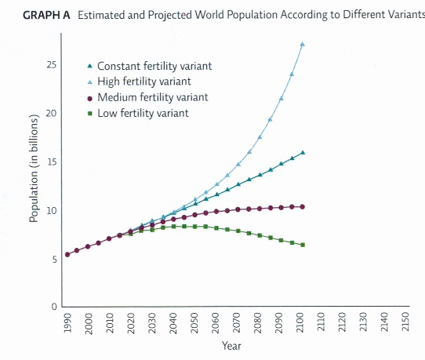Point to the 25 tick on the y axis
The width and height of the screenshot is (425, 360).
(53, 65)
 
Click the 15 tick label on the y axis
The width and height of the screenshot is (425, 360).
(53, 162)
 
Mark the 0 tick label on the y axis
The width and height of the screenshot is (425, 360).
(55, 307)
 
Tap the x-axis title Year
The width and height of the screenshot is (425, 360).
(231, 345)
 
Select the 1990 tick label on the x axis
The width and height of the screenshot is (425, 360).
(67, 322)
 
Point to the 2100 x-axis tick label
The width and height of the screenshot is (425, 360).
(301, 322)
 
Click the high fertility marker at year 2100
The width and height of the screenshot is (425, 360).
(302, 45)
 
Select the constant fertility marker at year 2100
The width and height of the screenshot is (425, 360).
(302, 152)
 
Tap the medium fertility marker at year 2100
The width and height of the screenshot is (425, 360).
(302, 207)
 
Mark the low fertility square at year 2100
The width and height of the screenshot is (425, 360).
(302, 245)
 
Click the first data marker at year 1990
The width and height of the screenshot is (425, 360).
(67, 255)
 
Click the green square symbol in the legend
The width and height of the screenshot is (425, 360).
(90, 113)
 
